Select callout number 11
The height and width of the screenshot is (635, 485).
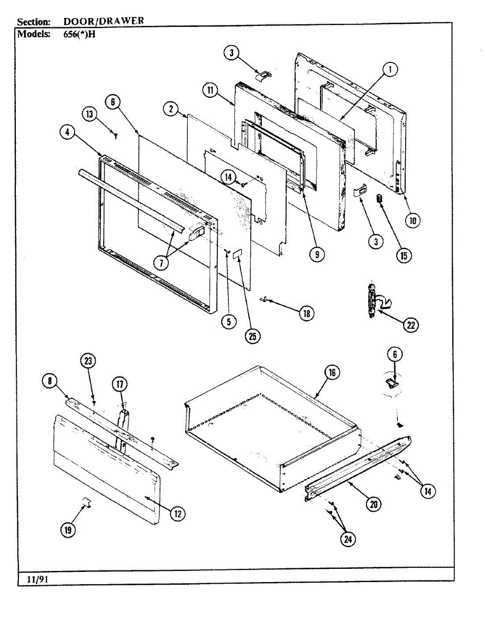[210, 90]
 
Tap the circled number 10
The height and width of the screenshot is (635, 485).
[413, 220]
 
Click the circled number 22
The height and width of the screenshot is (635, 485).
[410, 325]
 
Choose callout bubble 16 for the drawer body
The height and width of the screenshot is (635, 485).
[332, 373]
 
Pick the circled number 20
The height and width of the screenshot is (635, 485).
[374, 505]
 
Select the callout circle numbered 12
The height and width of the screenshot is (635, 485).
[178, 512]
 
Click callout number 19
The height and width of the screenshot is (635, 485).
[68, 530]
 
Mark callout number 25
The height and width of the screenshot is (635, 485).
[252, 336]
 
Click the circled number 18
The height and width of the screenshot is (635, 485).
[306, 313]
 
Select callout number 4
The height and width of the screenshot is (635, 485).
[67, 134]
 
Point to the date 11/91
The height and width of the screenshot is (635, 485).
[35, 579]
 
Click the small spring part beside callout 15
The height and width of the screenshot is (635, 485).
[379, 198]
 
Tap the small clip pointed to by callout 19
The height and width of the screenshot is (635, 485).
[87, 501]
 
